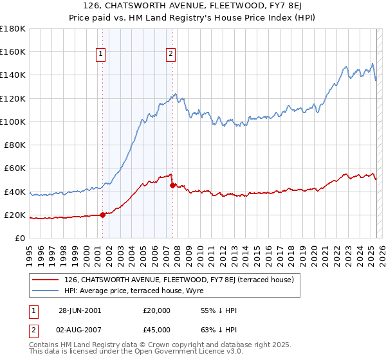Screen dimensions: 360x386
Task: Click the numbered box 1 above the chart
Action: click(102, 55)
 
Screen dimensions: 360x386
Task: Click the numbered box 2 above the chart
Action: click(171, 55)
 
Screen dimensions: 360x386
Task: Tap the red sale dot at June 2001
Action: click(102, 215)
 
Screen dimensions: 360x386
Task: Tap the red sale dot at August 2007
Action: click(172, 186)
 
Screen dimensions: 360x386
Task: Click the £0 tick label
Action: click(19, 238)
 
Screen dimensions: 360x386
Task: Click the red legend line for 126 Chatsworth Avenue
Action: click(44, 280)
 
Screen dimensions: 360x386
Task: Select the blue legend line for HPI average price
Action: click(44, 290)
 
